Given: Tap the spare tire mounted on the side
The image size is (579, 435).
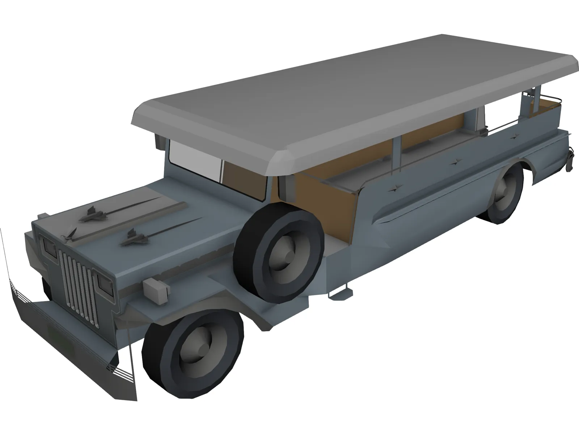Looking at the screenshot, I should coord(279,250).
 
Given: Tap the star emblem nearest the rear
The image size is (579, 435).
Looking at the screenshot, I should coord(514,137).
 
